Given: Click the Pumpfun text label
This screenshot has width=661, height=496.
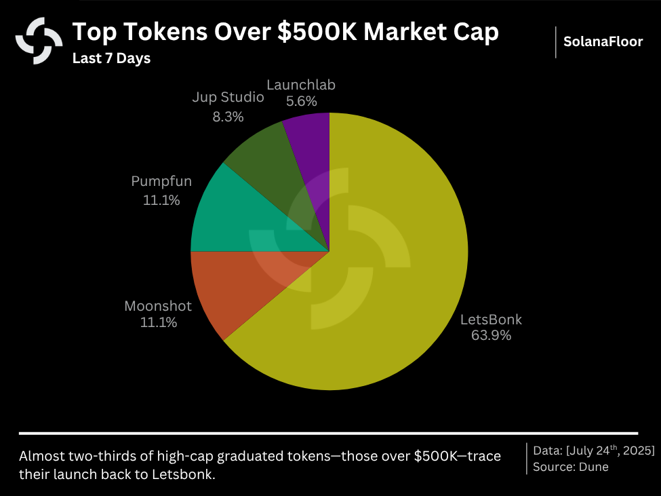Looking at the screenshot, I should click(161, 182).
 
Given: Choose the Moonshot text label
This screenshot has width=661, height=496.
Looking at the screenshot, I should click(158, 306).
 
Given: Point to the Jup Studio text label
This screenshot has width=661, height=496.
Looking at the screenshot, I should click(228, 98).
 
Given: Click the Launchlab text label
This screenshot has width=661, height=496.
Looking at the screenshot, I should click(301, 85).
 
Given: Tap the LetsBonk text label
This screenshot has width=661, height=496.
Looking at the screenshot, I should click(491, 320).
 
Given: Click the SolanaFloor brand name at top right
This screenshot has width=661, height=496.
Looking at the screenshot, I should click(603, 41).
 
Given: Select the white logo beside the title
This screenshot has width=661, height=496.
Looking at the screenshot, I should click(39, 41).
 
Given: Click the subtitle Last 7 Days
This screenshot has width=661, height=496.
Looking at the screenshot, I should click(111, 58).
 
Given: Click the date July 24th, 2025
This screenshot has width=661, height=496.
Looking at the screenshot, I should click(611, 451).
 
